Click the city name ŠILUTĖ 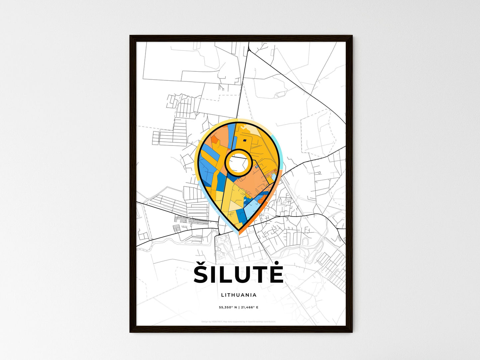(239, 274)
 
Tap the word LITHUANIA (239, 295)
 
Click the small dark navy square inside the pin (244, 140)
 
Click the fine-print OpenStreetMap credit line (239, 321)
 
